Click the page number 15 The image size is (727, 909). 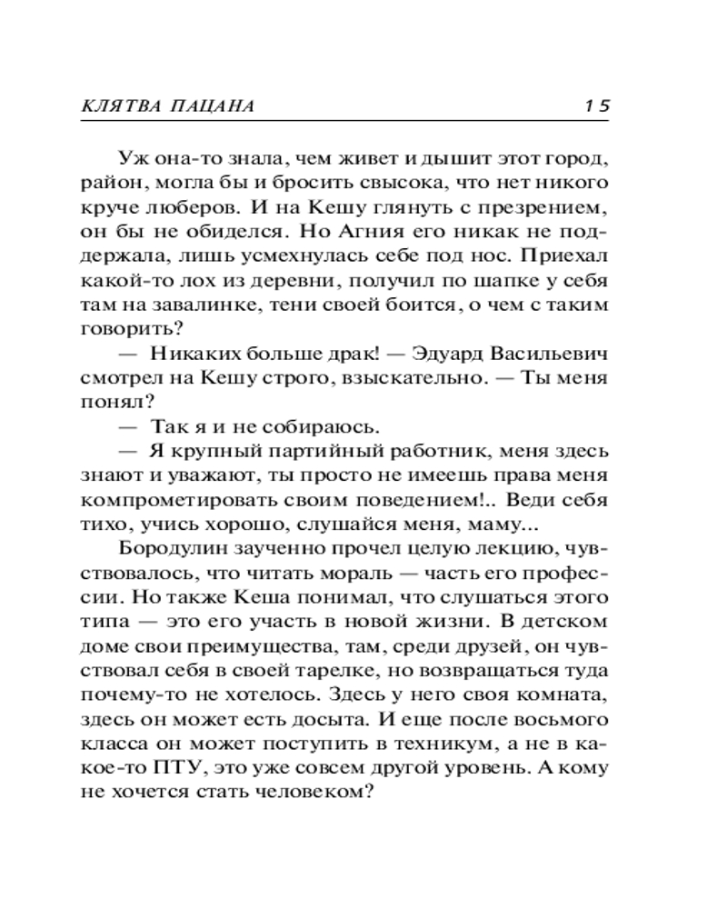597,105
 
